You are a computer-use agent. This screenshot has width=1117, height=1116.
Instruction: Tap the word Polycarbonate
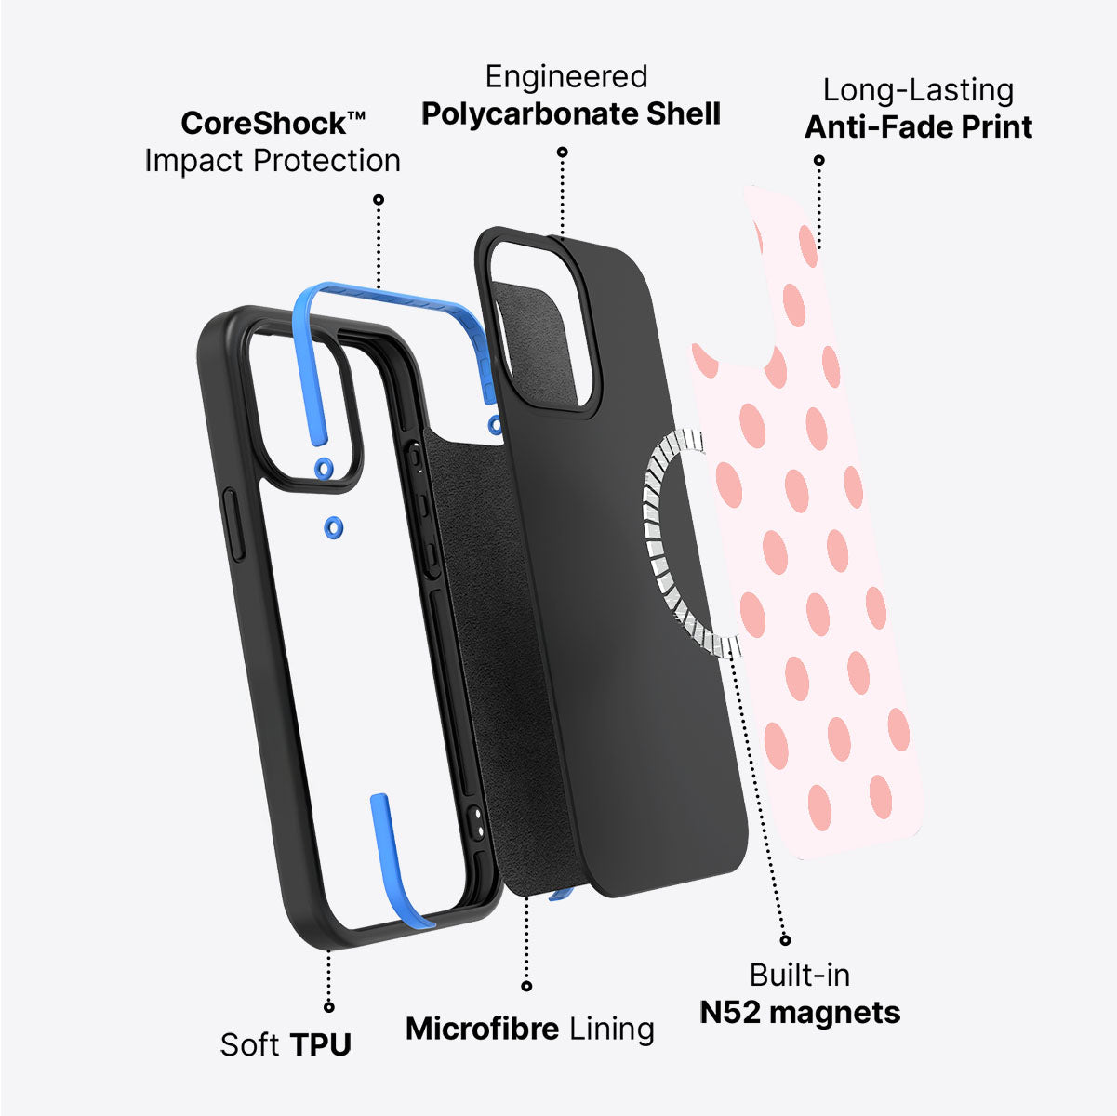(528, 114)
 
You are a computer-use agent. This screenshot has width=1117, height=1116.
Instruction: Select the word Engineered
(566, 78)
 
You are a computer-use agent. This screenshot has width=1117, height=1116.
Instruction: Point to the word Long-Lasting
(918, 91)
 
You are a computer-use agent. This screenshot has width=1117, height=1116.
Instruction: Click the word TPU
(321, 1044)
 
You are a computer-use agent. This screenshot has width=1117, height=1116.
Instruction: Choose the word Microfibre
(483, 1029)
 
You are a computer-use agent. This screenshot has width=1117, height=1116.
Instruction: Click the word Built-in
(799, 976)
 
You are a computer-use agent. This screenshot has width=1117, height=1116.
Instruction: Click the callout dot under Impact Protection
(378, 199)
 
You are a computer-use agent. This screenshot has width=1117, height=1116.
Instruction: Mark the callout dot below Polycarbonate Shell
(563, 152)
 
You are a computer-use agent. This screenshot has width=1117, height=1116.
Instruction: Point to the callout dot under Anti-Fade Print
(819, 160)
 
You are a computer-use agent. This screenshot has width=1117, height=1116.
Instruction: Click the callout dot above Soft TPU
(328, 1007)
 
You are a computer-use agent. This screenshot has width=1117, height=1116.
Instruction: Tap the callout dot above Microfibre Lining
(526, 986)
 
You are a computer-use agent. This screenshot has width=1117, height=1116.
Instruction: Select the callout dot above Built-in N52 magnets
(785, 940)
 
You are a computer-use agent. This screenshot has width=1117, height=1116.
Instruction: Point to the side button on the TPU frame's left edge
(233, 525)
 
